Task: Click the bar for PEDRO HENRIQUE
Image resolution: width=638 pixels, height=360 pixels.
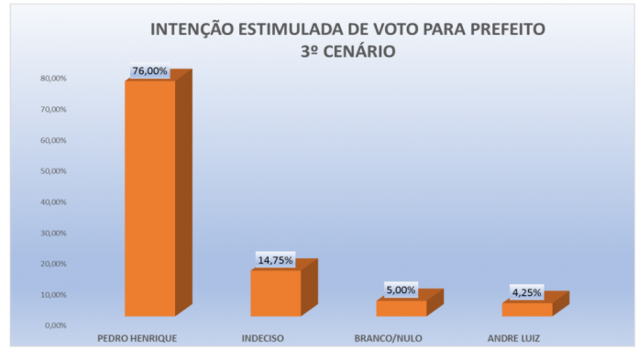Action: click(149, 197)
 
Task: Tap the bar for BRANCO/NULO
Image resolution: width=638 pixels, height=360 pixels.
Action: click(401, 308)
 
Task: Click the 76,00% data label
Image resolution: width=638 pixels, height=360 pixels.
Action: click(150, 71)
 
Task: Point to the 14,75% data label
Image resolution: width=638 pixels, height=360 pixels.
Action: click(275, 260)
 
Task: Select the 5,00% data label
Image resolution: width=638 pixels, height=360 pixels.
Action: click(401, 290)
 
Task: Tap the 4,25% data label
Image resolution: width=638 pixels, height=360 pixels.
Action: click(526, 293)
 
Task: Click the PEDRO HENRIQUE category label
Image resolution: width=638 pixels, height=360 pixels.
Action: click(137, 338)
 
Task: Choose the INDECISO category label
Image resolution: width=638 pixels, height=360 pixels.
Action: click(263, 338)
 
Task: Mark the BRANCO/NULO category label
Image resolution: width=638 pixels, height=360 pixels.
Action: click(388, 338)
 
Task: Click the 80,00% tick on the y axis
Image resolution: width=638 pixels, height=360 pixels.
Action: click(52, 79)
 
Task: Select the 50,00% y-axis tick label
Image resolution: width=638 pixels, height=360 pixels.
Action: click(52, 171)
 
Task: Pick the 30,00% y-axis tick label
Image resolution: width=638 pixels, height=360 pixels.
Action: click(52, 233)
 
